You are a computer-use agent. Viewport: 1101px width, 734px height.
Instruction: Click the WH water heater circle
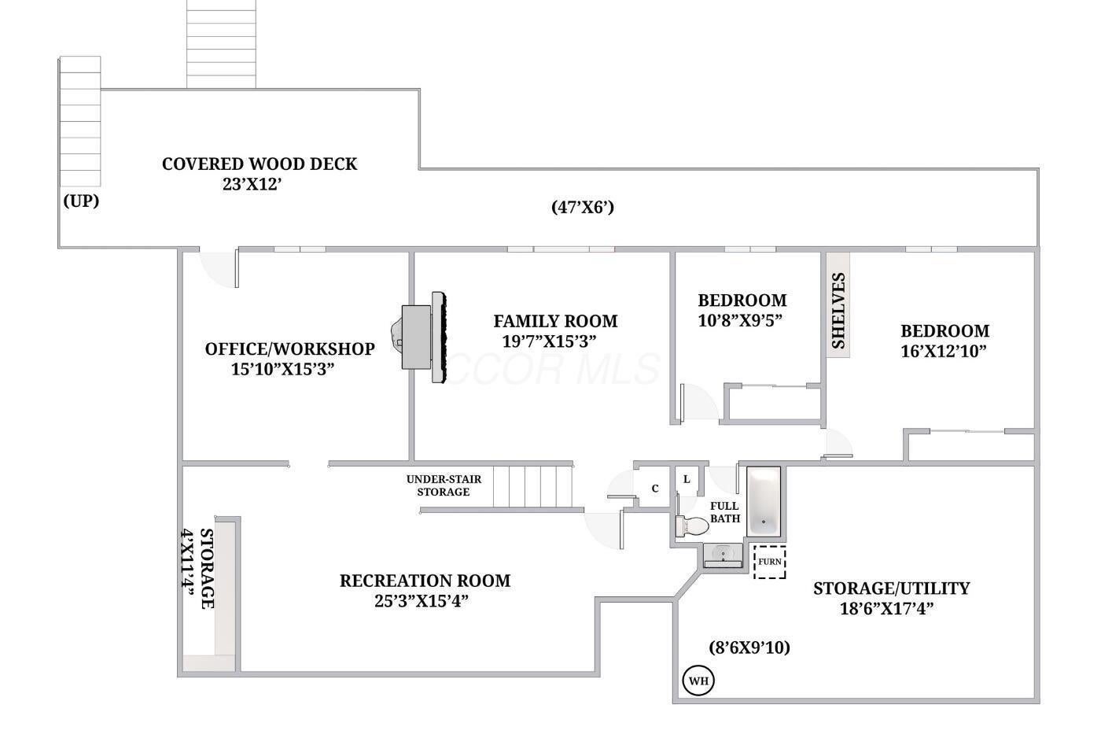[x=698, y=681]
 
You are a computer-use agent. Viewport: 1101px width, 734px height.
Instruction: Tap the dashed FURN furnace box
[x=770, y=562]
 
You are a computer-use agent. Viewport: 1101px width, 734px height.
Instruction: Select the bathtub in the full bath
[x=764, y=501]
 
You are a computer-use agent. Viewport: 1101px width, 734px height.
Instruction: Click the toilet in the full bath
[x=692, y=526]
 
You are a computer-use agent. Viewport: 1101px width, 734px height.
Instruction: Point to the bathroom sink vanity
[x=723, y=555]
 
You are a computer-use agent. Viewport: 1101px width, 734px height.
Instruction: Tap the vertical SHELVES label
[x=838, y=310]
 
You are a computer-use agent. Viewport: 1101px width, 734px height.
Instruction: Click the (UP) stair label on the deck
[x=81, y=201]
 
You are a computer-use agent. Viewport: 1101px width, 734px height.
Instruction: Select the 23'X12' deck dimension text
[x=252, y=184]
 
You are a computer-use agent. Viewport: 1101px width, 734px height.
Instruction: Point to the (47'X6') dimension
[x=583, y=207]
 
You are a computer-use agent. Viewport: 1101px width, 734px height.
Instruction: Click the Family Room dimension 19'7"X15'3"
[x=549, y=341]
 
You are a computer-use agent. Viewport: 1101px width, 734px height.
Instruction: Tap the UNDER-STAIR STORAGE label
[x=444, y=485]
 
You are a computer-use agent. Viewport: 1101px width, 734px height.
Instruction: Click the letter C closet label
[x=654, y=489]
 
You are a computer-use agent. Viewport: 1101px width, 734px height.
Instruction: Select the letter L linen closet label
[x=687, y=479]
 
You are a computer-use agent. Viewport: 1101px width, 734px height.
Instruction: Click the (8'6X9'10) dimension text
[x=749, y=647]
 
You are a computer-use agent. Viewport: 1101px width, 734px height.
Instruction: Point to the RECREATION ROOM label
[x=425, y=581]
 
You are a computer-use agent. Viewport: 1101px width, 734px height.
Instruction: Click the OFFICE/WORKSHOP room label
[x=290, y=349]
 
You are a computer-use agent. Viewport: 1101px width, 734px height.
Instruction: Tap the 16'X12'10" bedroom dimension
[x=944, y=352]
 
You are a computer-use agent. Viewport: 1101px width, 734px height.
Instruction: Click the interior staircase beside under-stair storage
[x=533, y=486]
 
